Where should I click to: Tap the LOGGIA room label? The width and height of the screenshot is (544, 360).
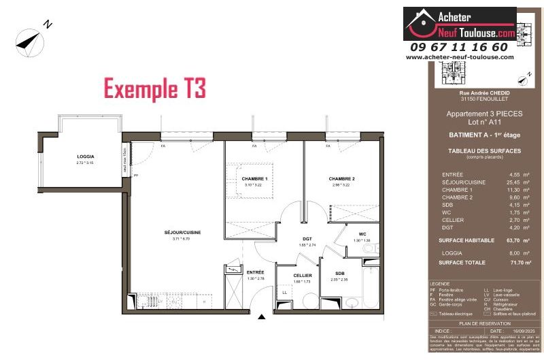click(x=85, y=157)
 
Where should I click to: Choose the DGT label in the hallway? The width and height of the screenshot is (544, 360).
click(x=307, y=239)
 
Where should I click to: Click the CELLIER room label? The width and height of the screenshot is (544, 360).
click(x=303, y=275)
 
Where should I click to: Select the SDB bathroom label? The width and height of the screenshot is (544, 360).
click(x=340, y=273)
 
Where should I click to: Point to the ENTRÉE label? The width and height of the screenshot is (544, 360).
click(x=256, y=272)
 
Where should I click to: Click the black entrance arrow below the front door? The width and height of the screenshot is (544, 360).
click(x=262, y=316)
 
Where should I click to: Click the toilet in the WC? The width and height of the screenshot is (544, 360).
click(x=370, y=249)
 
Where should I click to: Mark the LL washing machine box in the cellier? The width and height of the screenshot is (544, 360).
click(x=284, y=292)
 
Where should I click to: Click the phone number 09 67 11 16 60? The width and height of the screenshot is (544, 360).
click(x=459, y=47)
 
